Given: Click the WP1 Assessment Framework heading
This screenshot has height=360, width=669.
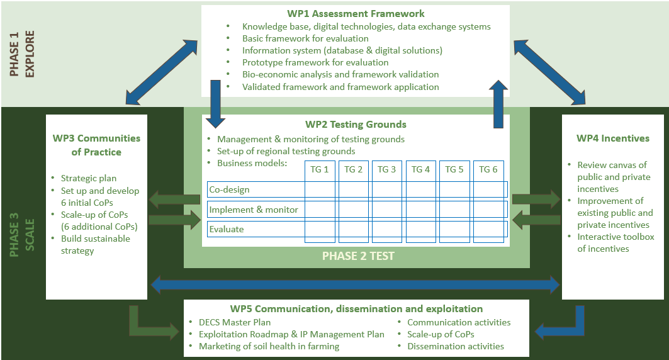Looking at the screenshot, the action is [356, 14].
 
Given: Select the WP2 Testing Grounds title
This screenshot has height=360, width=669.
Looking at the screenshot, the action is [356, 125].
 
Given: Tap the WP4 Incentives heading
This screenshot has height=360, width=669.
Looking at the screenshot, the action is [613, 138].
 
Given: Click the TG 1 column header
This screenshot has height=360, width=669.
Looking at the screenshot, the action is [320, 169].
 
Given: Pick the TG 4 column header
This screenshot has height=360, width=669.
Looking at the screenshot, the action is [420, 169].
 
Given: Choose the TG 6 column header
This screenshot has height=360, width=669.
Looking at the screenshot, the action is [488, 169].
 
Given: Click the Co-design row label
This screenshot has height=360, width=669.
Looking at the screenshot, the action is [229, 190].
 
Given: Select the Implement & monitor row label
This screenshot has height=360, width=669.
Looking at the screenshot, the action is [254, 210].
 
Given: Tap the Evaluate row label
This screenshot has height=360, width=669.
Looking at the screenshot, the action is [227, 229].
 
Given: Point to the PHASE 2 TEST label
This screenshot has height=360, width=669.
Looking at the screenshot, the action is [358, 256].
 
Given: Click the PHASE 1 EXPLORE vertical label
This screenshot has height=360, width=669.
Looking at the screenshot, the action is [22, 53].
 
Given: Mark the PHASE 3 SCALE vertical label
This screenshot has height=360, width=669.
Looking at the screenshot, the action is [22, 235].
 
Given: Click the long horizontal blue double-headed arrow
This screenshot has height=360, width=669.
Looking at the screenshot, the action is [356, 284].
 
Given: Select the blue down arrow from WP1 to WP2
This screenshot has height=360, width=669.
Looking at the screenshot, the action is [215, 104].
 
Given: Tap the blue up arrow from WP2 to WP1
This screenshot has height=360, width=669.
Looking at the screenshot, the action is [498, 104].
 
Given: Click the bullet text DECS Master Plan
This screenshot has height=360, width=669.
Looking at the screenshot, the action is [235, 322].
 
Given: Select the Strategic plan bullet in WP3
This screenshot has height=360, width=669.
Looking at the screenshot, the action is [88, 178].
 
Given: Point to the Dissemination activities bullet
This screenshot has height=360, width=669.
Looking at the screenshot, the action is [456, 346].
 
